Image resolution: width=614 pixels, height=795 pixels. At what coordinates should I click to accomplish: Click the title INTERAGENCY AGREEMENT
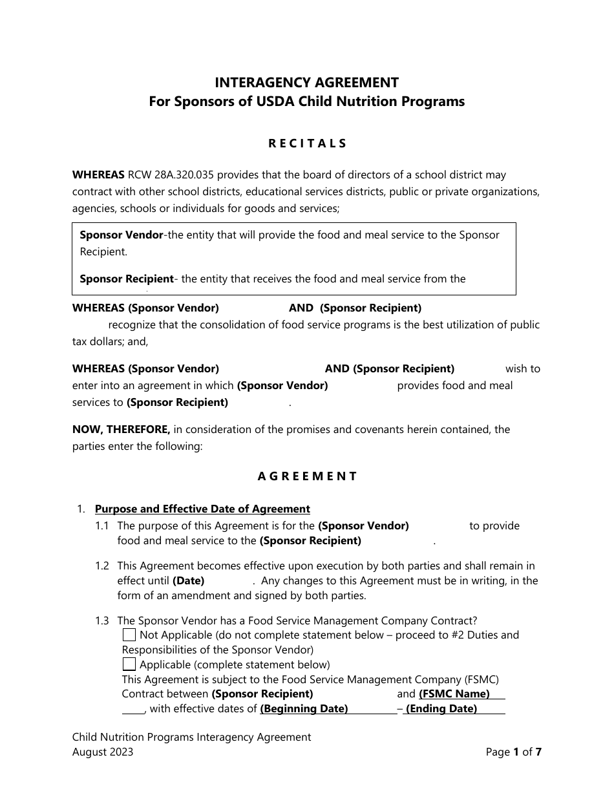(306, 83)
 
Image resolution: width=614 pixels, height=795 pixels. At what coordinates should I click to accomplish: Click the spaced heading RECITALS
(307, 143)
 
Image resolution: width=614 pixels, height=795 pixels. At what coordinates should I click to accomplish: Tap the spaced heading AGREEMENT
(307, 476)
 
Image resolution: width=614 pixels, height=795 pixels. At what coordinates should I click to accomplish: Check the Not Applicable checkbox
(129, 635)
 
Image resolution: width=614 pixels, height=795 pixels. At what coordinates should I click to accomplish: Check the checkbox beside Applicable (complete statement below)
(129, 664)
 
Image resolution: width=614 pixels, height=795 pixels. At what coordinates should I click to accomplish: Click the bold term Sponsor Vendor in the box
(121, 235)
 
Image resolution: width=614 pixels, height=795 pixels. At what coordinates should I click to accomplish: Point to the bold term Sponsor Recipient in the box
(126, 279)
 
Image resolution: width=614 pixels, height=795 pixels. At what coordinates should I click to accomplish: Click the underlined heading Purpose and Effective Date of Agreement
(202, 509)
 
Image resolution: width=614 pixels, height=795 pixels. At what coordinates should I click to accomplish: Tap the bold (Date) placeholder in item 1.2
(188, 580)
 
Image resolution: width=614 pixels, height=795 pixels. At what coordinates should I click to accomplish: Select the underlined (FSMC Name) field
(454, 694)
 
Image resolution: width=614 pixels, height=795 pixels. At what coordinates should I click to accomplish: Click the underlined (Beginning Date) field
(304, 709)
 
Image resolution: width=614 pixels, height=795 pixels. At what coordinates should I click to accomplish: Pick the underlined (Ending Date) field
(441, 709)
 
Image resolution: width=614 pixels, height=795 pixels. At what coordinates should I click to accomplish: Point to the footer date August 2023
(103, 752)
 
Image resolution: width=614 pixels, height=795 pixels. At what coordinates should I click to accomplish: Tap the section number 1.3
(102, 621)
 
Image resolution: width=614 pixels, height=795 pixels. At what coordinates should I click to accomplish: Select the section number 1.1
(102, 526)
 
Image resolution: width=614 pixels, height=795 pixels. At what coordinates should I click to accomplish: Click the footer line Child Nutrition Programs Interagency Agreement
(191, 737)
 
